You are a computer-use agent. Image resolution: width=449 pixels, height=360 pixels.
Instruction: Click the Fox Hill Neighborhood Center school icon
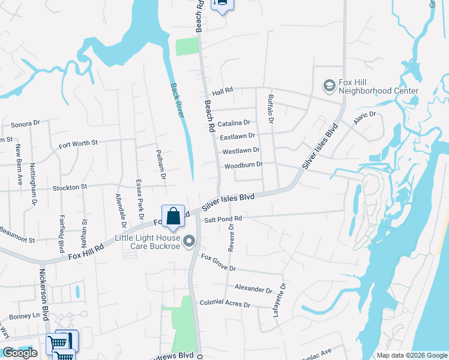point(329,86)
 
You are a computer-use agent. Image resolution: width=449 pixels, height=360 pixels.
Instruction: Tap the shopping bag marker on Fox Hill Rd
point(173,216)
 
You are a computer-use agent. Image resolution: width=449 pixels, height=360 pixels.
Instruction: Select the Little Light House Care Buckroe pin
point(190,242)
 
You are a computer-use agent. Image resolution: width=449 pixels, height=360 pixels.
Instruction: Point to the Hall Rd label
point(222,91)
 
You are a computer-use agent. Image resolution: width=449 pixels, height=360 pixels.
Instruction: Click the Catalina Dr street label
point(234,124)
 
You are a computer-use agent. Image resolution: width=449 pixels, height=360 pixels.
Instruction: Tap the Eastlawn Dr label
point(238,137)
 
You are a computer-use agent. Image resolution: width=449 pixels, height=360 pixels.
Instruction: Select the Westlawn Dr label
point(241,151)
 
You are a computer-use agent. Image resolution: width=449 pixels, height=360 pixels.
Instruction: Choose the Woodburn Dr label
point(243,164)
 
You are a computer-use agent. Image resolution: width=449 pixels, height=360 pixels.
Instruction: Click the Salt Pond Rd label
point(223,220)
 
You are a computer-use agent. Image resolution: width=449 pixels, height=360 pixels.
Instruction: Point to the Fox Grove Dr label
point(218,263)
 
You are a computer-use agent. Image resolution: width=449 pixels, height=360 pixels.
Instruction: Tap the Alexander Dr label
point(253,289)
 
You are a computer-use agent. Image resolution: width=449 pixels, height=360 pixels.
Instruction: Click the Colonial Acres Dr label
point(224,304)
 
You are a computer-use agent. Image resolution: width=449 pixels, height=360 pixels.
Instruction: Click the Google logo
point(20,353)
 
